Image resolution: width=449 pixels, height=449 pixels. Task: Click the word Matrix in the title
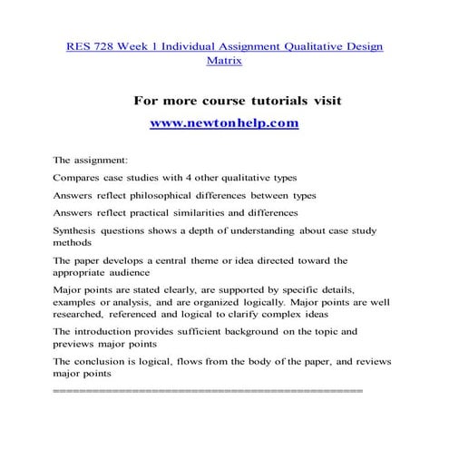pyautogui.click(x=224, y=62)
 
